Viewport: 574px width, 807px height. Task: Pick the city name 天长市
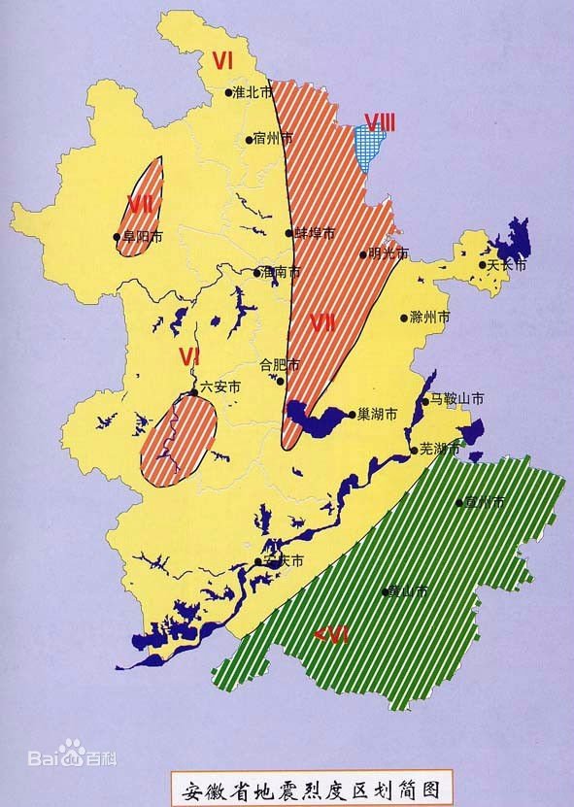[x=506, y=264]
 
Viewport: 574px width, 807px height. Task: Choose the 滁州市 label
[x=431, y=318]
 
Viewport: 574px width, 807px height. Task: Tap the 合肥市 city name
[x=280, y=365]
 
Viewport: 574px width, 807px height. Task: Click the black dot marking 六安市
[x=194, y=392]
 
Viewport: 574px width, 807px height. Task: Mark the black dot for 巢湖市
[x=352, y=413]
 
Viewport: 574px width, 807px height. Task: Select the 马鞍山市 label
[x=457, y=399]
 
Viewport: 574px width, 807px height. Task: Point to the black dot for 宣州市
[x=459, y=503]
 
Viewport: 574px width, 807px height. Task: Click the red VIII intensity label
[x=380, y=122]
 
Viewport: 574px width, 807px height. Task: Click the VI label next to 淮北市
[x=223, y=61]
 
